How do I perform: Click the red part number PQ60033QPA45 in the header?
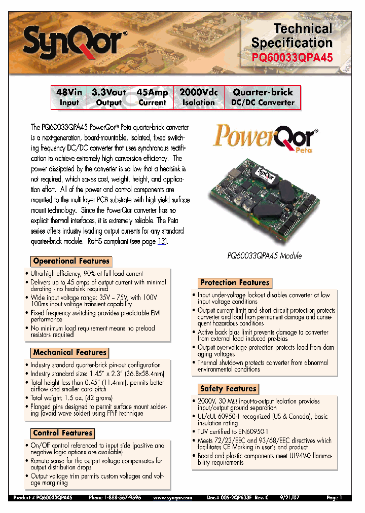tap(292, 58)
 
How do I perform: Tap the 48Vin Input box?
tap(69, 97)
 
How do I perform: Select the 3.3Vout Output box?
tap(109, 97)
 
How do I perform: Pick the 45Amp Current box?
tap(152, 97)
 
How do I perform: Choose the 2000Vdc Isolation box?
tap(199, 97)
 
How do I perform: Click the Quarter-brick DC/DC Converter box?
tap(263, 97)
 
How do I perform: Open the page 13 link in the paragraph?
tap(162, 241)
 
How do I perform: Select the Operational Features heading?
tap(71, 261)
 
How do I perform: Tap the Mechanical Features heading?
tap(69, 352)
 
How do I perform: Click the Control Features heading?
tap(63, 433)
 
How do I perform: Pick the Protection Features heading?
tap(235, 282)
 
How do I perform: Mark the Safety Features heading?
tap(228, 389)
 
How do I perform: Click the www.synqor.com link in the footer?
tap(173, 498)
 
